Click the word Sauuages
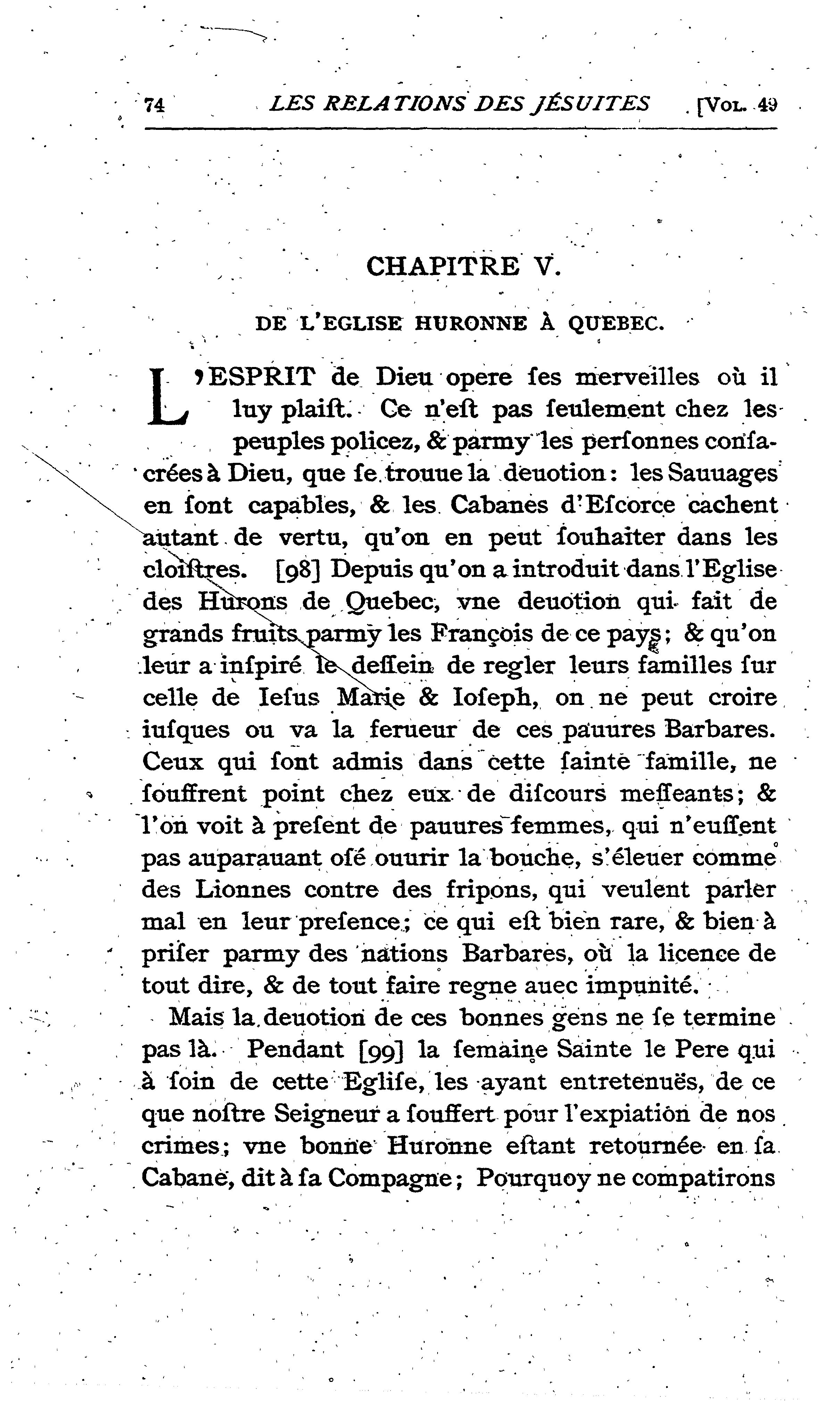(x=722, y=474)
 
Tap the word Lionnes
(x=243, y=890)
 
